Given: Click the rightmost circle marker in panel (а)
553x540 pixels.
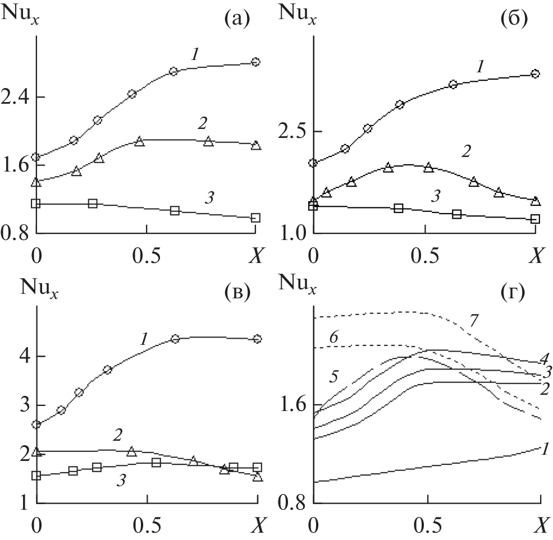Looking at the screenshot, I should [255, 62].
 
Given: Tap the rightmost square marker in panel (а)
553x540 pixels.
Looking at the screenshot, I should [255, 218].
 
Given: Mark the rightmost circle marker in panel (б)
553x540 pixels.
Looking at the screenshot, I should [535, 73].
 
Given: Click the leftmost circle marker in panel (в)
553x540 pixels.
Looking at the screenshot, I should [36, 424].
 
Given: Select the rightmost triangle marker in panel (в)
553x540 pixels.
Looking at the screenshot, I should [257, 477].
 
